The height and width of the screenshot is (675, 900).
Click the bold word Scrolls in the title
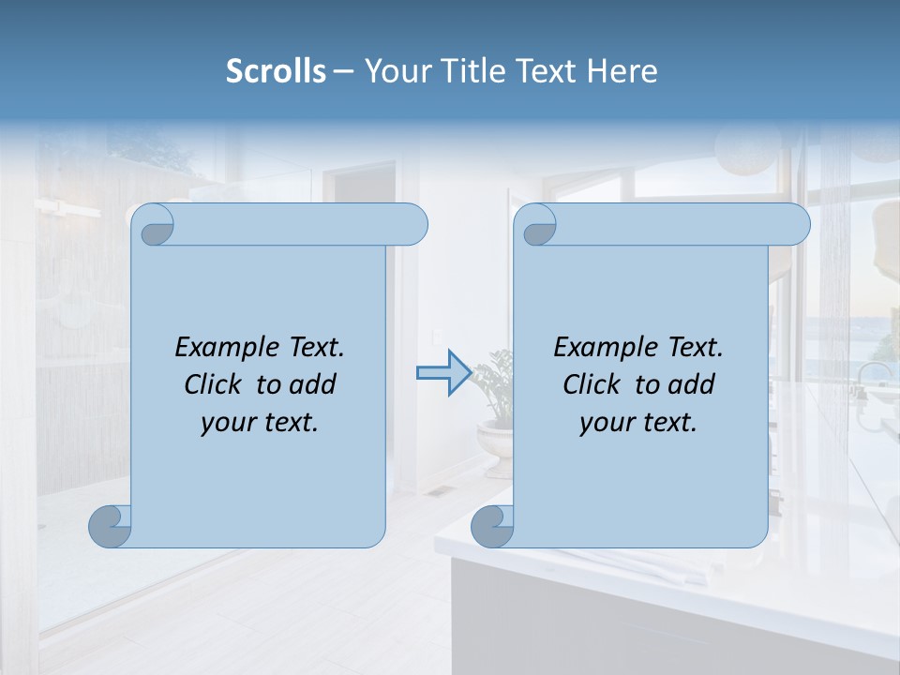click(276, 71)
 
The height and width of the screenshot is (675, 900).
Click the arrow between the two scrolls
click(442, 373)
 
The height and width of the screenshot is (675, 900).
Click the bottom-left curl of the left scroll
click(111, 526)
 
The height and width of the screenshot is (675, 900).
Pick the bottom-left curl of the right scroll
click(492, 526)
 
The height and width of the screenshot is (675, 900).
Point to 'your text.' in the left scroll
click(260, 422)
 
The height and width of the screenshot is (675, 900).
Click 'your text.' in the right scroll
click(638, 422)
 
